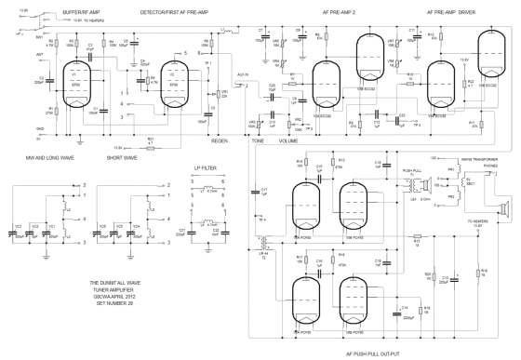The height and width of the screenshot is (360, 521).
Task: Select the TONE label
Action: (x=258, y=142)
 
